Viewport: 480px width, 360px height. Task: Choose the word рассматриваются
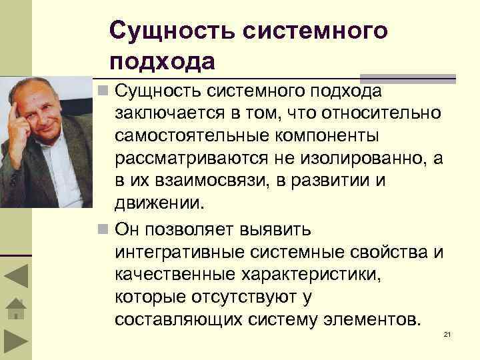click(x=191, y=159)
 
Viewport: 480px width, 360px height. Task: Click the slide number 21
click(x=447, y=333)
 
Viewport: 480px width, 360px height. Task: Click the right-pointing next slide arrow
click(x=15, y=343)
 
